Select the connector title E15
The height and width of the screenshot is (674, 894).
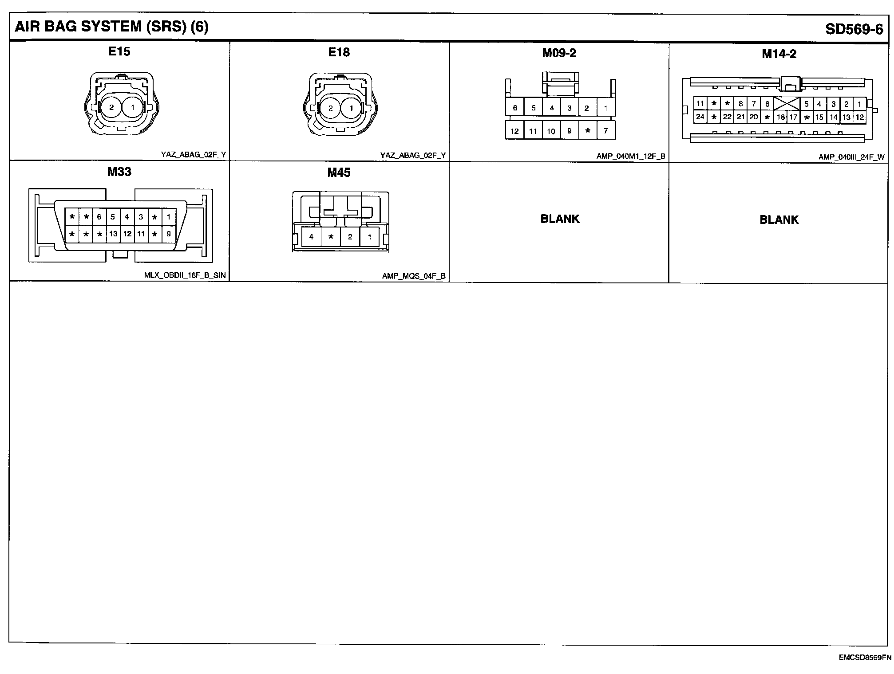119,52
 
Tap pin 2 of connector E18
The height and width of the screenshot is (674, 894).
330,108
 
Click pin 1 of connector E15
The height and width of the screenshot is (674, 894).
132,107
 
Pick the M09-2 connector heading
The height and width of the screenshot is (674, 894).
559,54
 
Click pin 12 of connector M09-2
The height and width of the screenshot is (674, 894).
514,131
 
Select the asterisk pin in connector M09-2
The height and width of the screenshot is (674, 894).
588,131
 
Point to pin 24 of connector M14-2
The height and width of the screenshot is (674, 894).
700,117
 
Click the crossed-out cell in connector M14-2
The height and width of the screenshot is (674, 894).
787,104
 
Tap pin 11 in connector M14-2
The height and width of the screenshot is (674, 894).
700,104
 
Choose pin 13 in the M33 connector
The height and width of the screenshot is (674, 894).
113,234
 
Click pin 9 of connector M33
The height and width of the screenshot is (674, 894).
169,234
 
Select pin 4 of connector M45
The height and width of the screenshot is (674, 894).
311,237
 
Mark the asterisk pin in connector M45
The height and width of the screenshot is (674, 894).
331,237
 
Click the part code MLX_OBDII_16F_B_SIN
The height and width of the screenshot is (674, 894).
185,275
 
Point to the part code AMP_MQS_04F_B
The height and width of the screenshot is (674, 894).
413,276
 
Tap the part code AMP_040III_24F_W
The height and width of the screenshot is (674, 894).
851,157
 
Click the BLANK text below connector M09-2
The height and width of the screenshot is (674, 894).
560,219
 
